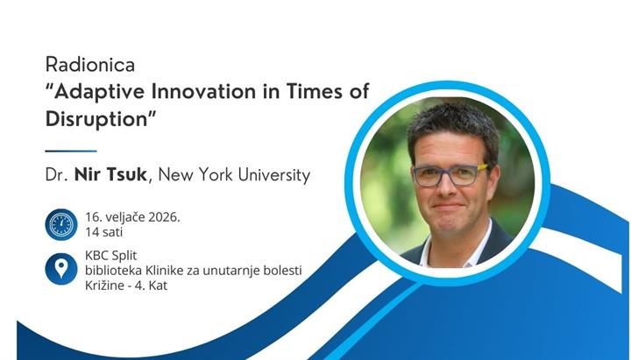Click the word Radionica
click(83, 66)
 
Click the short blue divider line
click(71, 151)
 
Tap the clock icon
click(60, 224)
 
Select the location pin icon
click(60, 268)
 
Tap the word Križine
click(106, 286)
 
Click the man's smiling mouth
click(448, 209)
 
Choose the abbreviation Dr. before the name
click(56, 175)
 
